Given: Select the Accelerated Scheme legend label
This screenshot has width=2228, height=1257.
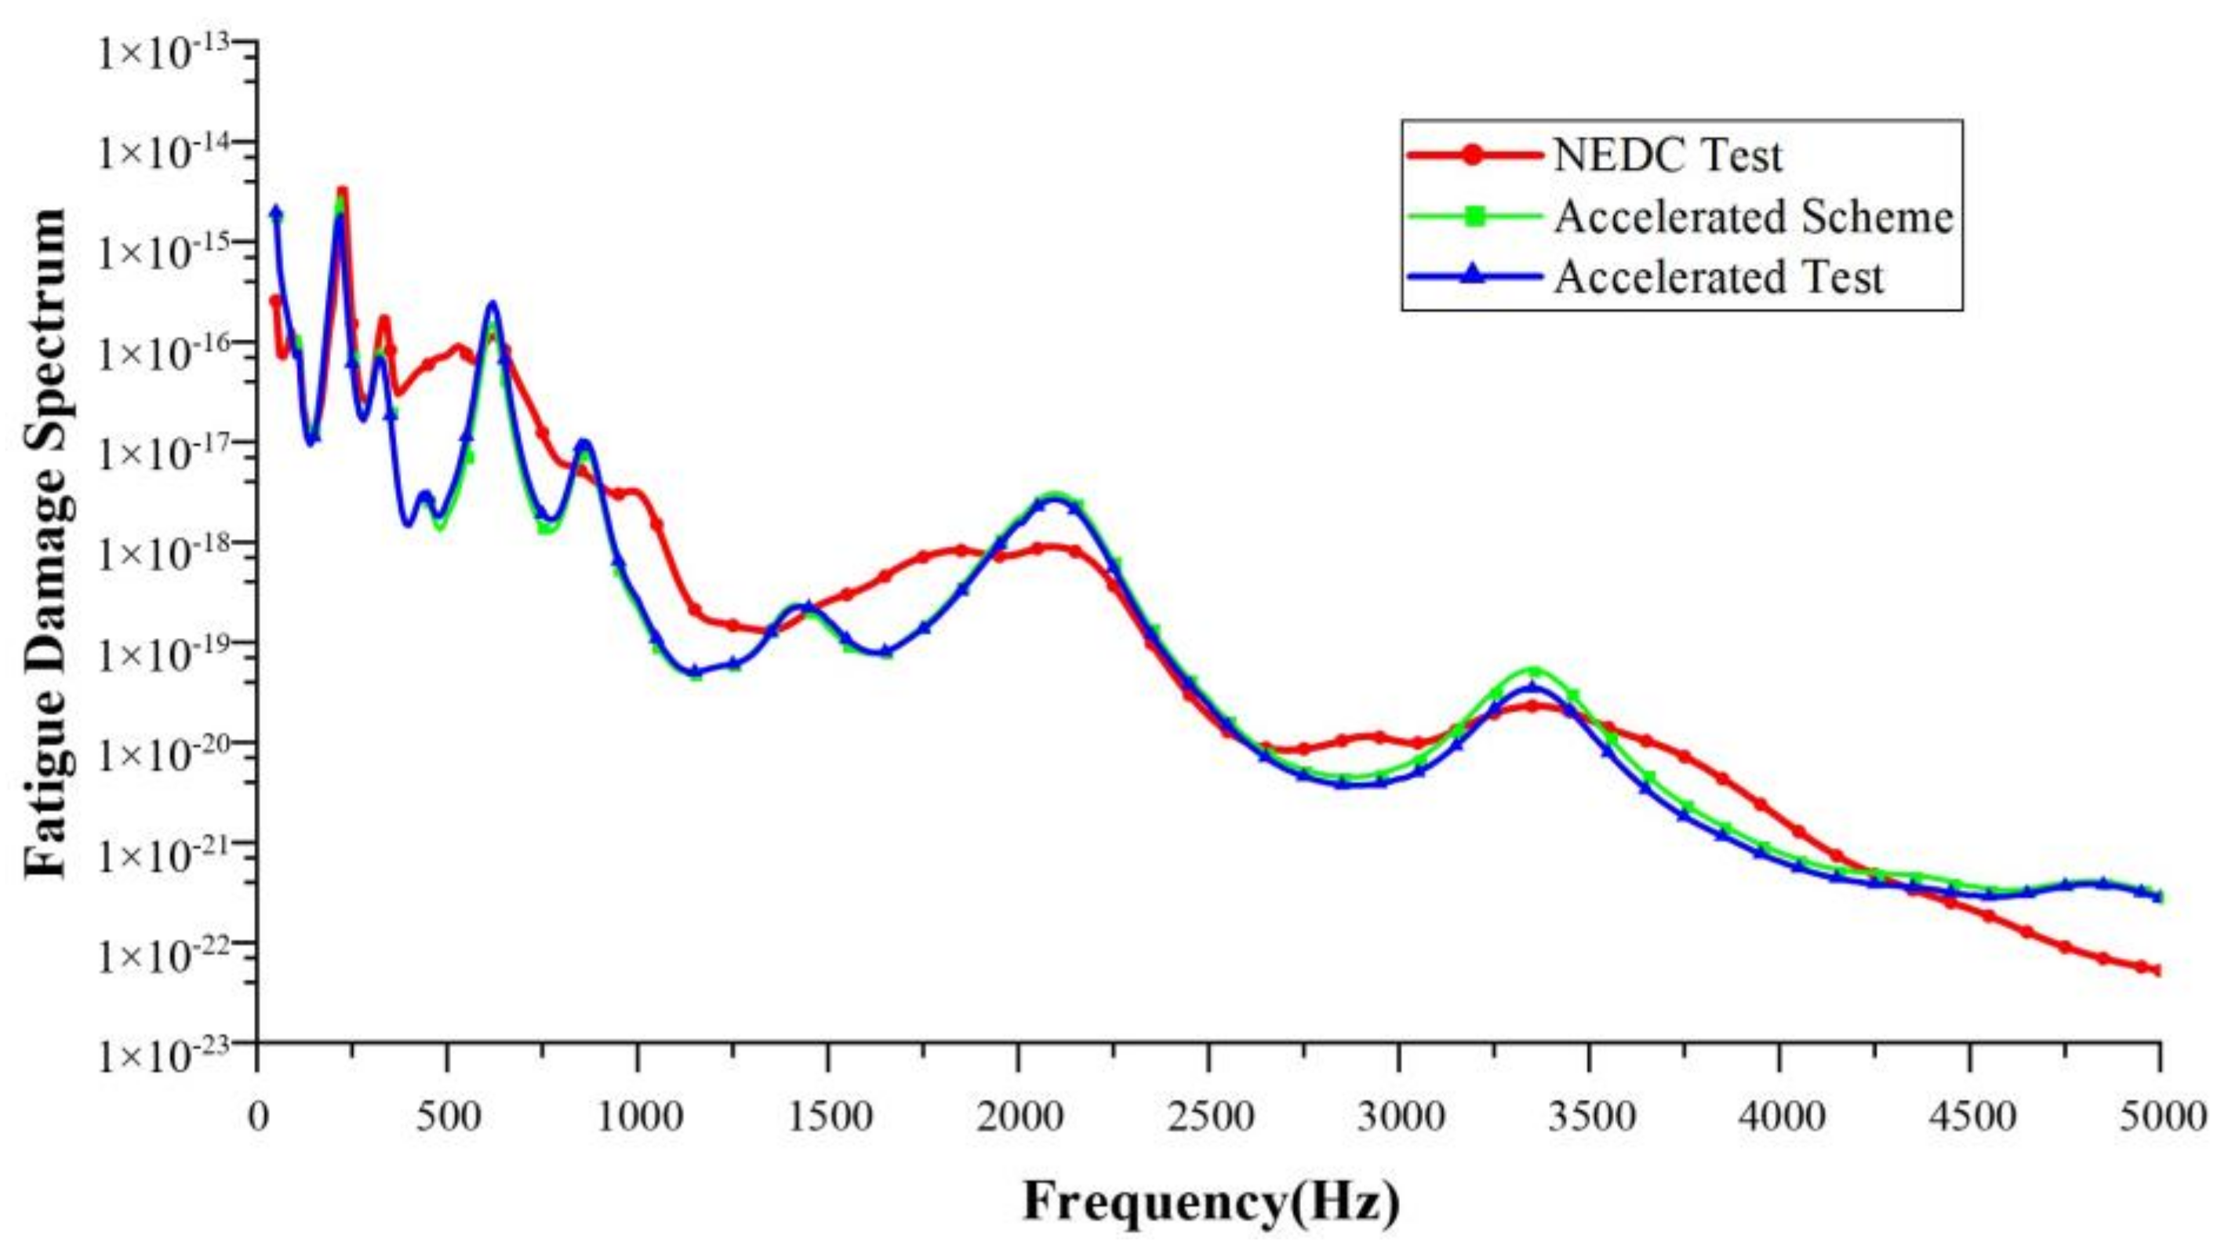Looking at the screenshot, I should (1754, 217).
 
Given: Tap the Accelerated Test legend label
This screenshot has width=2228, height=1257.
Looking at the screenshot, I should (1717, 278).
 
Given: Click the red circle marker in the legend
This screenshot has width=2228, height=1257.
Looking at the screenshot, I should (1474, 155).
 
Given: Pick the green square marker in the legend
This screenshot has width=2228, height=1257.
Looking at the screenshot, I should (1474, 217).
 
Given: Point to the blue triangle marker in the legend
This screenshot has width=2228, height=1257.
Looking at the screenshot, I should (1474, 276).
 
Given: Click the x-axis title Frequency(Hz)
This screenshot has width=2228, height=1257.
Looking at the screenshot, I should (1211, 1201).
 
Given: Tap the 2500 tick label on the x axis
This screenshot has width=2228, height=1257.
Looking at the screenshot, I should (1208, 1117).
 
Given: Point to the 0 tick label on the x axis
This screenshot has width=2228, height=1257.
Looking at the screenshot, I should (258, 1117).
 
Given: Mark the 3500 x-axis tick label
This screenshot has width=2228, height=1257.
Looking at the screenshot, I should (1589, 1117).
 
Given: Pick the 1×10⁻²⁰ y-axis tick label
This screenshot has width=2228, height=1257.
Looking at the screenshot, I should (170, 756).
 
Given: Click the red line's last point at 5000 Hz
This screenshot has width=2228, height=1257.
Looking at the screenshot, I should (2159, 971).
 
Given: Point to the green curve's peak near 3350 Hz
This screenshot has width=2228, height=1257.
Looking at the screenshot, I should (1534, 672).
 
